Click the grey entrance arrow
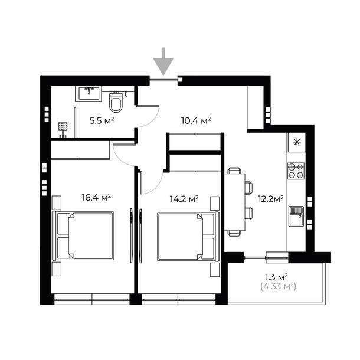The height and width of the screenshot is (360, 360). click(163, 62)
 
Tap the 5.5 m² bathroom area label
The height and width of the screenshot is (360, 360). click(102, 120)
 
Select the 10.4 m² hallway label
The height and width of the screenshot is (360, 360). click(196, 120)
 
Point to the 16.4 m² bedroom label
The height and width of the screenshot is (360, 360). click(97, 197)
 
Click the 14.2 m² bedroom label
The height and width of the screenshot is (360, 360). click(184, 199)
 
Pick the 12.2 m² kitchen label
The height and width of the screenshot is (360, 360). click(270, 199)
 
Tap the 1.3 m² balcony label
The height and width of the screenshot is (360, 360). click(276, 277)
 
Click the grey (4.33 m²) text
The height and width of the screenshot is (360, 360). click(279, 287)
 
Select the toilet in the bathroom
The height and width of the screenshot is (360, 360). click(115, 103)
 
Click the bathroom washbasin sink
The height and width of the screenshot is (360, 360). click(89, 94)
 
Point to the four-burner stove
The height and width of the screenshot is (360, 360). click(296, 171)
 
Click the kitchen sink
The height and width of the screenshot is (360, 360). click(296, 216)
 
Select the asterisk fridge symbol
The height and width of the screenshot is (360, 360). click(297, 143)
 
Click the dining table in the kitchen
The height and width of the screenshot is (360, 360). click(235, 202)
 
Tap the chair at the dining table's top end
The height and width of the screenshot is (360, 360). click(234, 171)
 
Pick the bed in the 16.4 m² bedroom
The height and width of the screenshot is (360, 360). click(83, 236)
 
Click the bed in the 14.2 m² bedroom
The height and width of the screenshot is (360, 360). click(188, 236)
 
